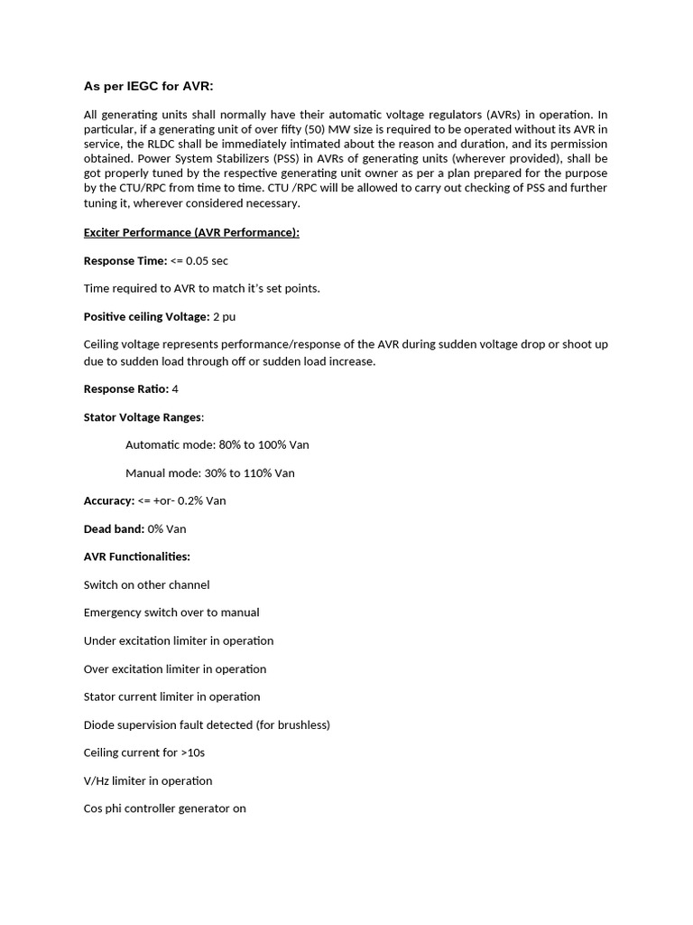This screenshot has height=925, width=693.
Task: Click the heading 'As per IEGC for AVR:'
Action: pos(148,86)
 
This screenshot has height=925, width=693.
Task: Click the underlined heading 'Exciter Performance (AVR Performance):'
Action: pos(191,232)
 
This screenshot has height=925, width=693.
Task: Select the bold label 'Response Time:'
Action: pos(125,260)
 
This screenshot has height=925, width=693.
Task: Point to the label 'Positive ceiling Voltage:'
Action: pos(146,316)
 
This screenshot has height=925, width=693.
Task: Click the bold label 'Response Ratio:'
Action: pos(126,388)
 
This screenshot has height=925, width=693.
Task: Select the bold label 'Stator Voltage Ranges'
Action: pos(143,416)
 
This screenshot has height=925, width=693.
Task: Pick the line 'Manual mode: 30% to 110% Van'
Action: pos(209,472)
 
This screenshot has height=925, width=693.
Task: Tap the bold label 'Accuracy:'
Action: pos(109,500)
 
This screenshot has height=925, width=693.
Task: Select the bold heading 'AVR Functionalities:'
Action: pos(137,556)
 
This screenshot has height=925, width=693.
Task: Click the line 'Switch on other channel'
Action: pos(146,584)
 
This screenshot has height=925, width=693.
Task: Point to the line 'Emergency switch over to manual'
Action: pos(171,612)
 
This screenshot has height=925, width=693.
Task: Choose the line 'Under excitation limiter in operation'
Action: pos(179,640)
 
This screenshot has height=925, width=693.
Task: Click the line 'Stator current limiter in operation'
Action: pos(171,696)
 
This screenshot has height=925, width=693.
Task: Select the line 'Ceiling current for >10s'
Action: pos(144,752)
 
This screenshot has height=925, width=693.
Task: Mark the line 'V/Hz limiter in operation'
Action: pos(148,780)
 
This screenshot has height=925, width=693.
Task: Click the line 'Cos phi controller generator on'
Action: pos(165,808)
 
